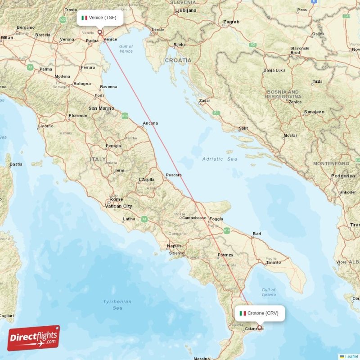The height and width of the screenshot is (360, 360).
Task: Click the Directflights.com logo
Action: point(33,338)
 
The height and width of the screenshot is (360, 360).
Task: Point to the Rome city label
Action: point(116,199)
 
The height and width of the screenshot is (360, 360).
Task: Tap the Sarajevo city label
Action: point(314,111)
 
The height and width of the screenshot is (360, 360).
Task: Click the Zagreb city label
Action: point(231,22)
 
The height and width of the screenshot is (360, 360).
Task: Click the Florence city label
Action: point(78,116)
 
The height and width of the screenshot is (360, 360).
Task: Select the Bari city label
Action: point(257,234)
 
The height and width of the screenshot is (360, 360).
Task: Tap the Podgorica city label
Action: point(343,176)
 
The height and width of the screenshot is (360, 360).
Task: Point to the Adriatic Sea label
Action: point(220,159)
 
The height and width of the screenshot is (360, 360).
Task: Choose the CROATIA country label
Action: point(178,60)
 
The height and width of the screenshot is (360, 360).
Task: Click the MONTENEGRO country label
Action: point(331,163)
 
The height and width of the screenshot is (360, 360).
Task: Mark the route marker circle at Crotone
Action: point(260,328)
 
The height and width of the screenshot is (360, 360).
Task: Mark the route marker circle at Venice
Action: point(100,32)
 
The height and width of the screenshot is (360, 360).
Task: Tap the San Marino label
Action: point(101,108)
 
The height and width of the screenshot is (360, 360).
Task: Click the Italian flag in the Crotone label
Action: point(243,313)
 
